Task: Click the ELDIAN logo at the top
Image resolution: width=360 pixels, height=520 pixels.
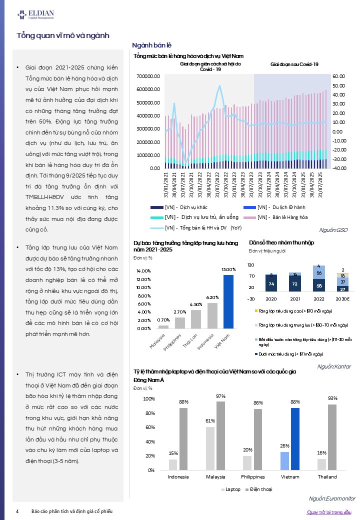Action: [36, 14]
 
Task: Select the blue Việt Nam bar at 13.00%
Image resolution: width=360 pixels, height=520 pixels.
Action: [228, 302]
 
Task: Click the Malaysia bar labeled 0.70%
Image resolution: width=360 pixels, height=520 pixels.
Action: [163, 327]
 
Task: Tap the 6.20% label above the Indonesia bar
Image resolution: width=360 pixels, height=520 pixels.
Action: [212, 297]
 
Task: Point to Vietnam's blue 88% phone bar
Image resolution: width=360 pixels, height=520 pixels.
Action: [295, 439]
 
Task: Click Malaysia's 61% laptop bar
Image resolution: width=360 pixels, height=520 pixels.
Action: [210, 448]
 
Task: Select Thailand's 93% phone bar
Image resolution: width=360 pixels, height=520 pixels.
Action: [332, 437]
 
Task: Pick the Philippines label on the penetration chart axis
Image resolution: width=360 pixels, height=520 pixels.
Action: [253, 477]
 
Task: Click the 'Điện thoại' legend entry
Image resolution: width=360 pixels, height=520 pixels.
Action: [258, 489]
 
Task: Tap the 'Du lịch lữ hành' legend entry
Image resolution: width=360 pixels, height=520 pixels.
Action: [274, 207]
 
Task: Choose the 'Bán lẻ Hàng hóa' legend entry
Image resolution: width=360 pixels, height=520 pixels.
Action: [275, 217]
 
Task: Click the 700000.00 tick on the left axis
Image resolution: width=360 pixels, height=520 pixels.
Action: [148, 76]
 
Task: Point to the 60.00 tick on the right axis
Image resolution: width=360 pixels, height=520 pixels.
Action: [339, 76]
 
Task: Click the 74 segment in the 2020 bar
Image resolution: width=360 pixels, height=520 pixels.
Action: [271, 284]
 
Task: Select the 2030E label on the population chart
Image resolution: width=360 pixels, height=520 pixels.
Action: [342, 299]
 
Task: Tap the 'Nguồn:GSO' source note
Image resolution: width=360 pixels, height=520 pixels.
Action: [333, 230]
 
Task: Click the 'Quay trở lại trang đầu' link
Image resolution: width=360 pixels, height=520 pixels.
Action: [329, 512]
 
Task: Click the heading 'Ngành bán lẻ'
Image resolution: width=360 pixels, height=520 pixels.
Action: [152, 45]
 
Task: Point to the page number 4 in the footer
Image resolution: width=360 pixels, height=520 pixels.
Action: [17, 511]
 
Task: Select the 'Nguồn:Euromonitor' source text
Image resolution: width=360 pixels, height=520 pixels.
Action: [332, 498]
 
